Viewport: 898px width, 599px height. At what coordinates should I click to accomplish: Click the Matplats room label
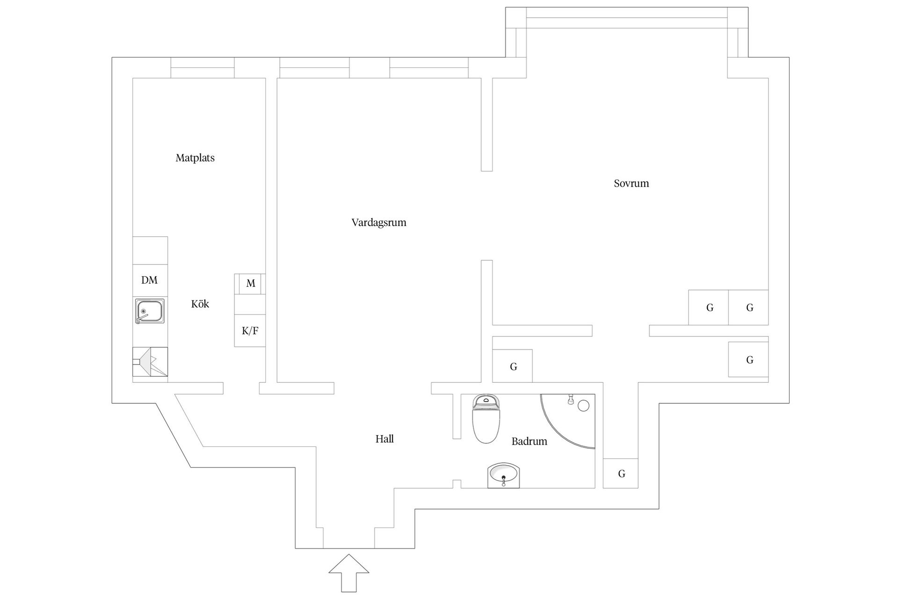click(x=195, y=158)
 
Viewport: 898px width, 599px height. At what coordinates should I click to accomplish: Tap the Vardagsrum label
click(x=379, y=223)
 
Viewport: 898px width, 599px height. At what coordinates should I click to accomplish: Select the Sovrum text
click(x=631, y=183)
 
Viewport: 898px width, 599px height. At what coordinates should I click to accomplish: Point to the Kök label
click(x=200, y=304)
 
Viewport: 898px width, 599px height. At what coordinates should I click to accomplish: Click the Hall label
click(x=384, y=439)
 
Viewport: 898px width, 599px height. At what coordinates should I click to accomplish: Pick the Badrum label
click(x=529, y=441)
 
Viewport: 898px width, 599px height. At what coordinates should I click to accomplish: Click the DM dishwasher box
click(x=150, y=280)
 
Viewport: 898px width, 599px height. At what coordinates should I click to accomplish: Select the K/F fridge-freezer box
click(x=250, y=331)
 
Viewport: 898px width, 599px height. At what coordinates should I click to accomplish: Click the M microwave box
click(x=251, y=284)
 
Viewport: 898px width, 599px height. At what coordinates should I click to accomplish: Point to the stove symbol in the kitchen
click(x=150, y=362)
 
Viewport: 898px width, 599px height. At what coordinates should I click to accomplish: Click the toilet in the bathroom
click(x=486, y=419)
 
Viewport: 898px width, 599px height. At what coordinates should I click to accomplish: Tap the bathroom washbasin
click(x=503, y=475)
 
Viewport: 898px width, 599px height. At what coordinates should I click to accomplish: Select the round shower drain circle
click(x=583, y=405)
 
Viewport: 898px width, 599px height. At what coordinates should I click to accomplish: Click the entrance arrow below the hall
click(x=348, y=573)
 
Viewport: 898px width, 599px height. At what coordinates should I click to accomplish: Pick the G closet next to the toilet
click(x=513, y=366)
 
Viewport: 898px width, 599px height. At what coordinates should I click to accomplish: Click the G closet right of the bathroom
click(x=621, y=474)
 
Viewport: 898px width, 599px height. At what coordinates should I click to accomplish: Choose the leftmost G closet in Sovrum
click(x=709, y=307)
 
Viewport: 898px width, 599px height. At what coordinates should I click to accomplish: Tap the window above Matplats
click(x=202, y=68)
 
